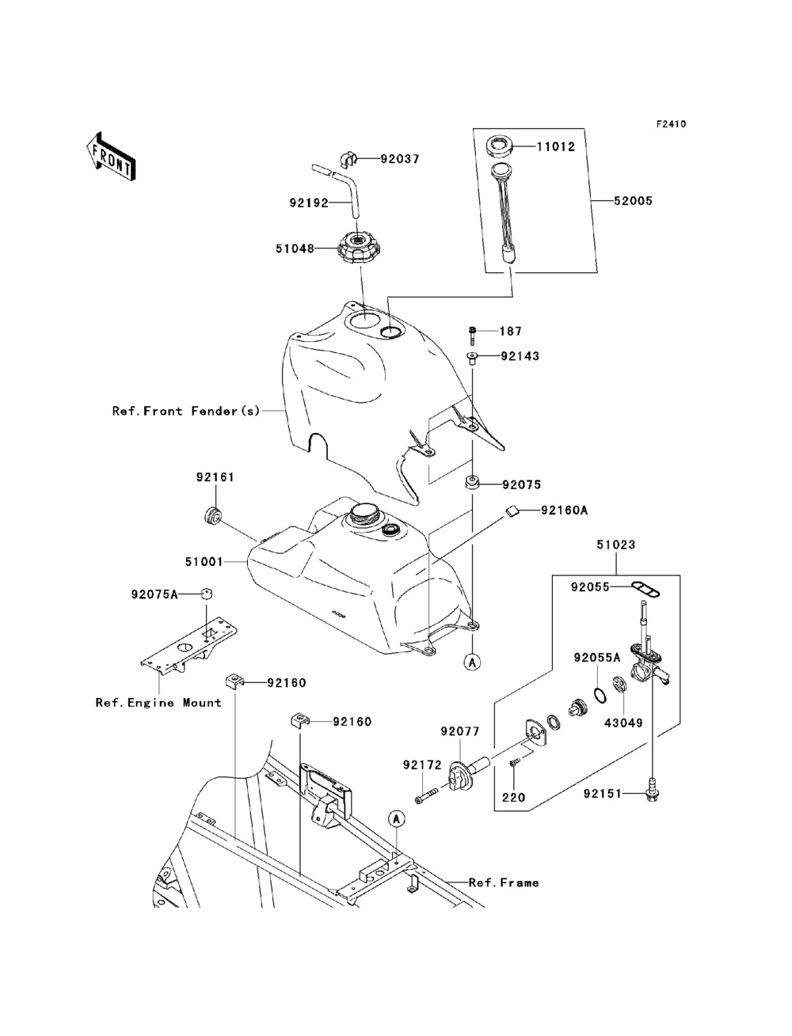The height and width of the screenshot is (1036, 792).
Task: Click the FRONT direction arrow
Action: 111,156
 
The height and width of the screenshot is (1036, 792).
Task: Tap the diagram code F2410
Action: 671,124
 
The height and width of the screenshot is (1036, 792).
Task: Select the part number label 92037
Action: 400,159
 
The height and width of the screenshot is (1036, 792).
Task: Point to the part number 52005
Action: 633,201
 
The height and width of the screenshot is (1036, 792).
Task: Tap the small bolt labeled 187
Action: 473,336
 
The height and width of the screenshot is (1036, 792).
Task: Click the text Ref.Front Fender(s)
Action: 186,411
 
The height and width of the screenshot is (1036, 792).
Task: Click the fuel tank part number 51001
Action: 204,562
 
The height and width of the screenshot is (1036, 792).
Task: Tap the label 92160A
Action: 565,510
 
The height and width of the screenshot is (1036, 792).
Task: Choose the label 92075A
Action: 154,594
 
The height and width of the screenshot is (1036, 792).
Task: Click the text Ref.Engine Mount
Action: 158,703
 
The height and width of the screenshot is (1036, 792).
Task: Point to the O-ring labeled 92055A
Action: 599,696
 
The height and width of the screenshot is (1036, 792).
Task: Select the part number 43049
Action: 623,723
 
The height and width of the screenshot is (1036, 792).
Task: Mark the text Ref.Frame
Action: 504,882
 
